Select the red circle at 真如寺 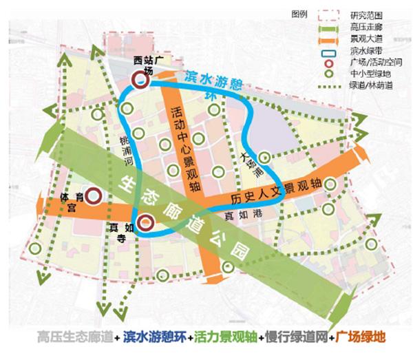pos(145,222)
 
